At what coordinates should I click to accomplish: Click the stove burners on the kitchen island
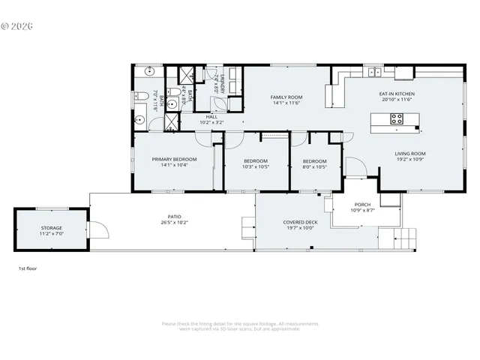point(397,118)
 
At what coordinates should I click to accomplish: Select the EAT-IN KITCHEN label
point(397,94)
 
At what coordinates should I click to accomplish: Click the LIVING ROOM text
point(410,154)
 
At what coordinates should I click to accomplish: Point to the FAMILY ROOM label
point(286,97)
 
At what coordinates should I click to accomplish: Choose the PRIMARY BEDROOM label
point(174,159)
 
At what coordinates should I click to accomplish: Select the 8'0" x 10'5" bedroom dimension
point(314,166)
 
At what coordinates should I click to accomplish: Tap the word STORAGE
point(52,228)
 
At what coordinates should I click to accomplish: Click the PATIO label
point(174,215)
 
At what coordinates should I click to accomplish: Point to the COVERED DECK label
point(300,222)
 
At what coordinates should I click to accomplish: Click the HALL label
point(211,116)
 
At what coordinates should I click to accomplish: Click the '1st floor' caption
point(27,268)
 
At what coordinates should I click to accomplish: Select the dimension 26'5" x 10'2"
point(174,222)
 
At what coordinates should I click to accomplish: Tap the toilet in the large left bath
point(141,96)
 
